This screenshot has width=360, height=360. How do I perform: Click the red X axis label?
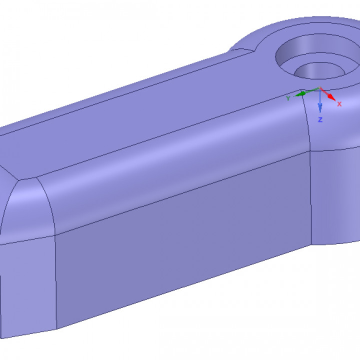click(x=339, y=104)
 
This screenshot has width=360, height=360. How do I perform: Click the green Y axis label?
click(x=288, y=98)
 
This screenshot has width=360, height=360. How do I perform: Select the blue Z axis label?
click(x=320, y=120)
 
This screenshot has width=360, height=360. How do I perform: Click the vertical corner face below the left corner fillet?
click(x=27, y=285)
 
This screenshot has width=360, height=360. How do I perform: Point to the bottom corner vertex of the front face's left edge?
click(x=56, y=330)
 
